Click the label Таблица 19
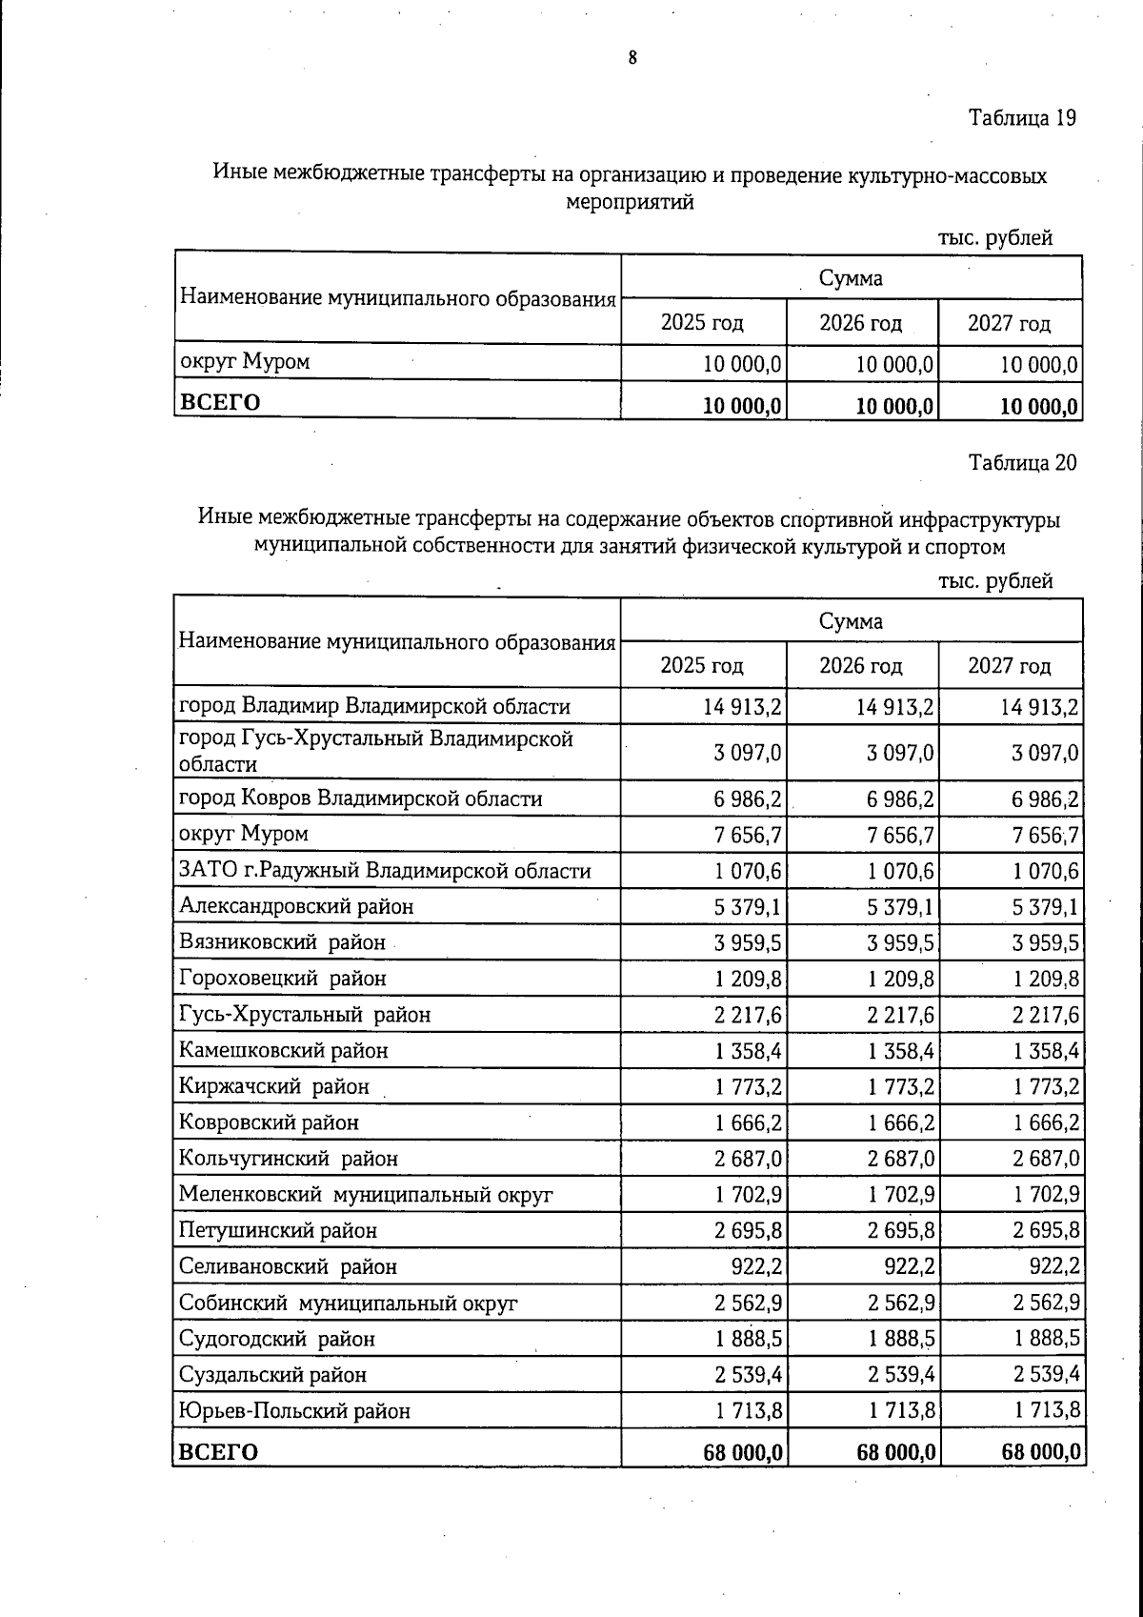(x=1022, y=118)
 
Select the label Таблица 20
(x=1022, y=463)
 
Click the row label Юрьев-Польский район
(x=295, y=1410)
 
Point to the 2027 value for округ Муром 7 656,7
(x=1045, y=836)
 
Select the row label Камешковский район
(x=284, y=1050)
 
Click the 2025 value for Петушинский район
(x=748, y=1230)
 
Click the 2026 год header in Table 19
(x=860, y=323)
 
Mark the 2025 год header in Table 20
(x=702, y=665)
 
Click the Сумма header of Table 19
(x=851, y=277)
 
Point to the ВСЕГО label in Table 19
(x=220, y=401)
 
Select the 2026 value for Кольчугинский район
(x=902, y=1159)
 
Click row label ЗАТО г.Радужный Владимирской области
(x=385, y=871)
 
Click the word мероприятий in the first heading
(x=630, y=202)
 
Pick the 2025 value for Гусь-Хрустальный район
(x=748, y=1015)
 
